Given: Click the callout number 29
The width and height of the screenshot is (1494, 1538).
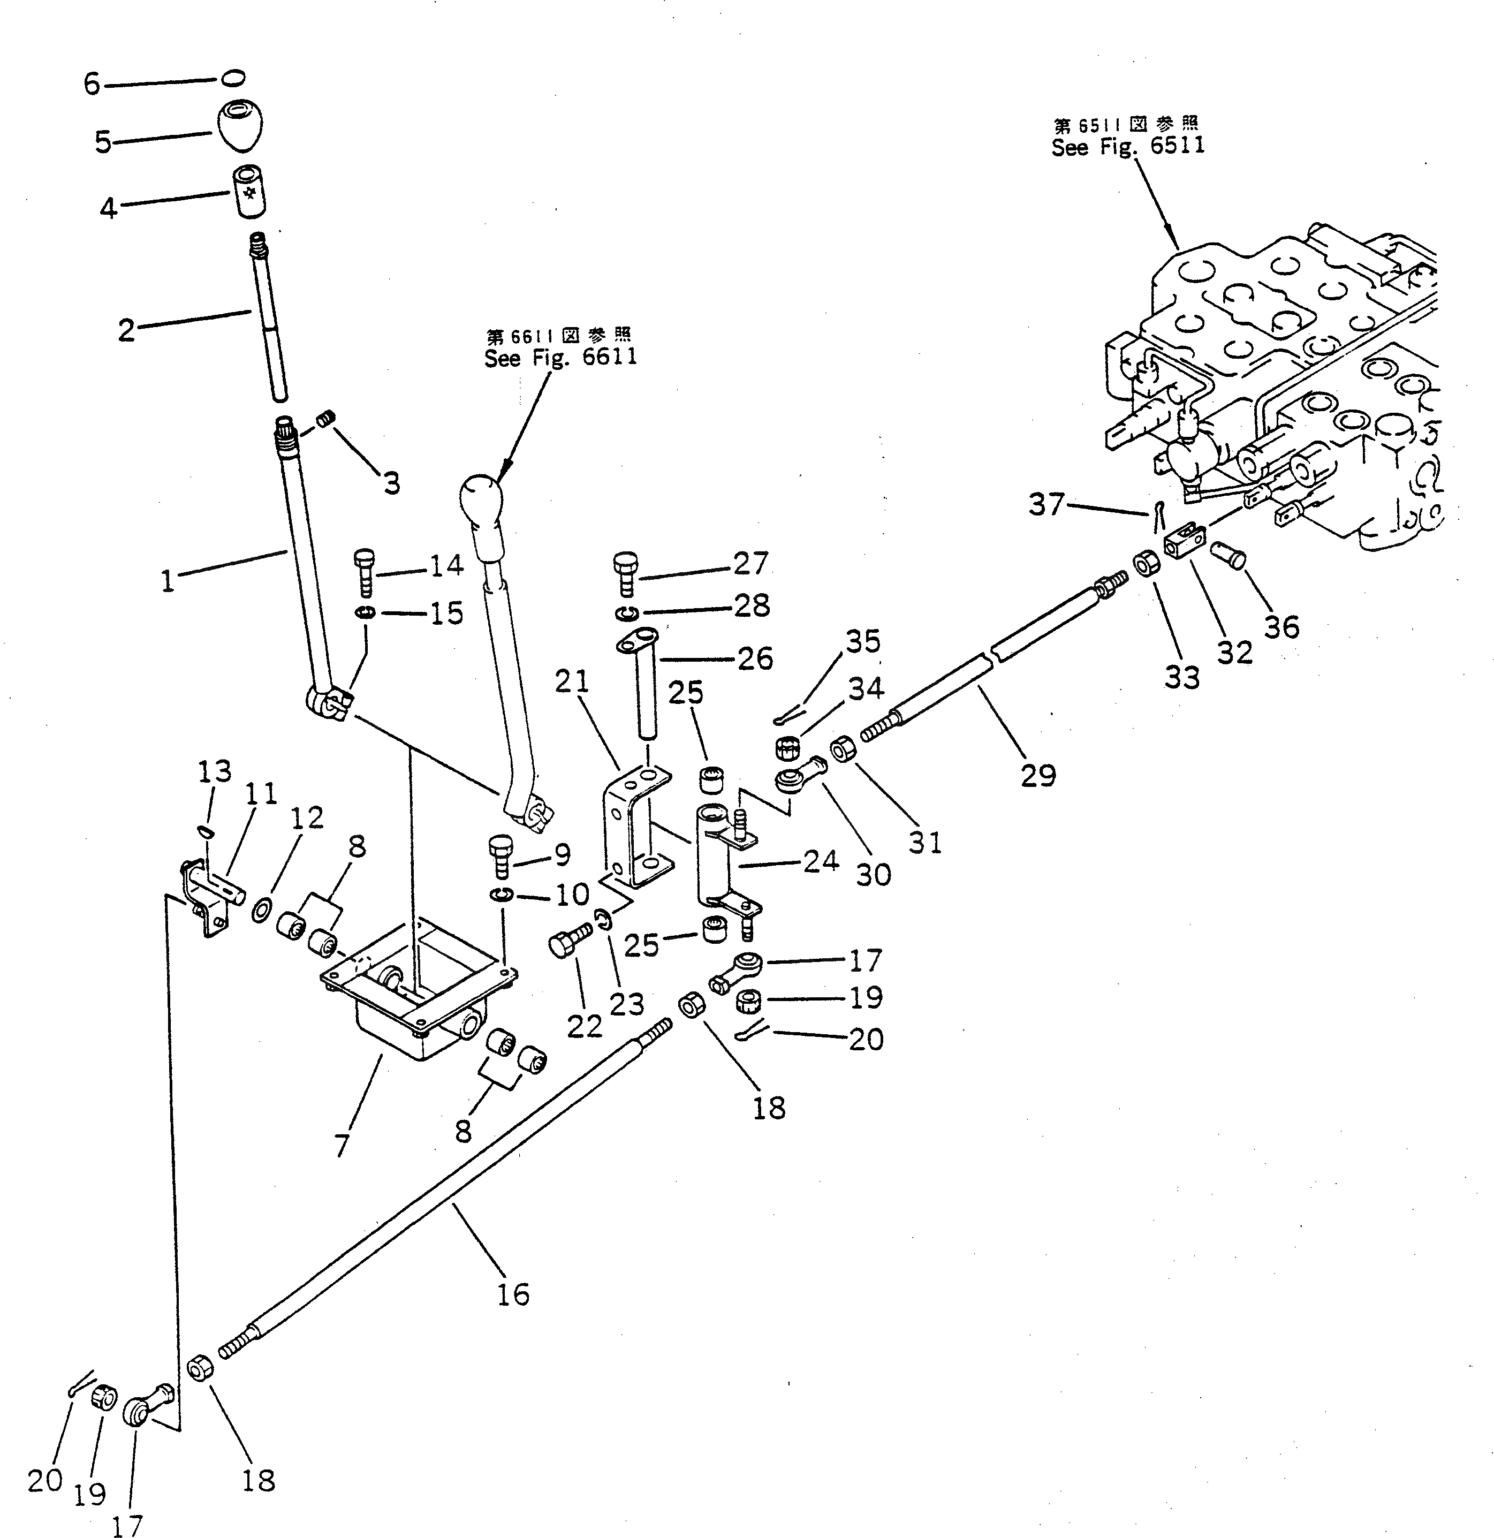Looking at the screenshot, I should [x=1038, y=775].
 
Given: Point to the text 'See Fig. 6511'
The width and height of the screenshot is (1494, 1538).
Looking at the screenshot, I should [x=1127, y=147].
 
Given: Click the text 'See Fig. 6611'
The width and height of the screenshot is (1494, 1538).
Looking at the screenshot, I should [x=560, y=358].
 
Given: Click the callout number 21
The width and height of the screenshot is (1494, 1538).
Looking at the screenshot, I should [x=572, y=682].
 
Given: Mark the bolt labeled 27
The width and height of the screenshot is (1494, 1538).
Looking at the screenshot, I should [x=625, y=574].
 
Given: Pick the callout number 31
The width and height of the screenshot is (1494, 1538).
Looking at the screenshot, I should [x=925, y=842].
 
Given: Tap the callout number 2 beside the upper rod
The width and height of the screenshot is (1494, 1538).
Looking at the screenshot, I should [x=126, y=330].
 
